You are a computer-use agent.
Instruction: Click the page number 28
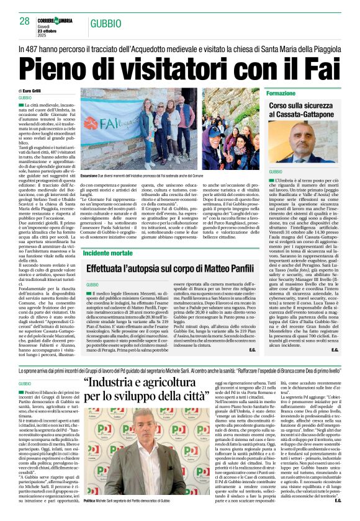click(25, 20)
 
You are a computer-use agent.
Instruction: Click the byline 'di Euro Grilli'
click(32, 91)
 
